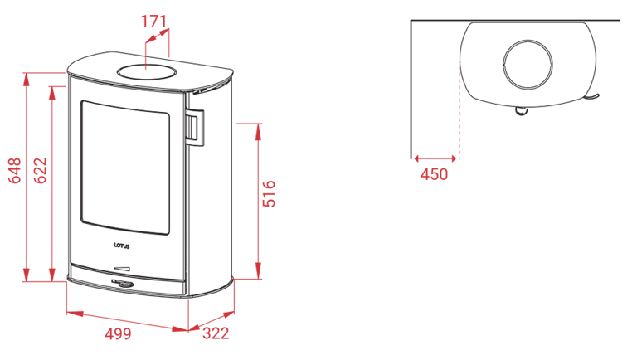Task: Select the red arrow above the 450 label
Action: [x=435, y=158]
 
